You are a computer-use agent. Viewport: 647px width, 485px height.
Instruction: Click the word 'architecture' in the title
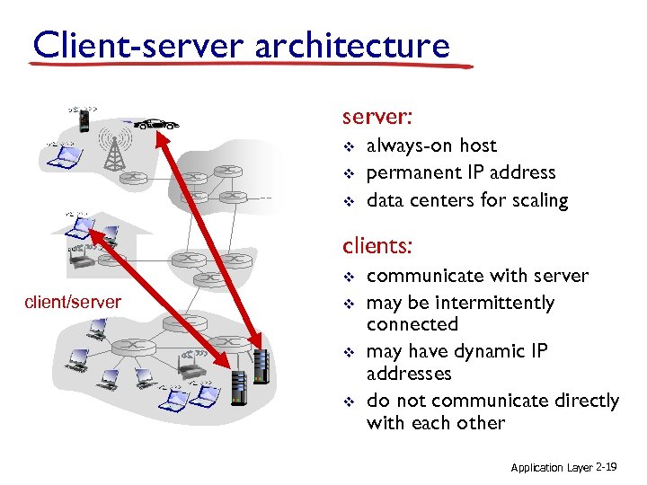click(x=351, y=44)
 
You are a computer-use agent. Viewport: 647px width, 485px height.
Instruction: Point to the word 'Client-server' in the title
click(x=139, y=44)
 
